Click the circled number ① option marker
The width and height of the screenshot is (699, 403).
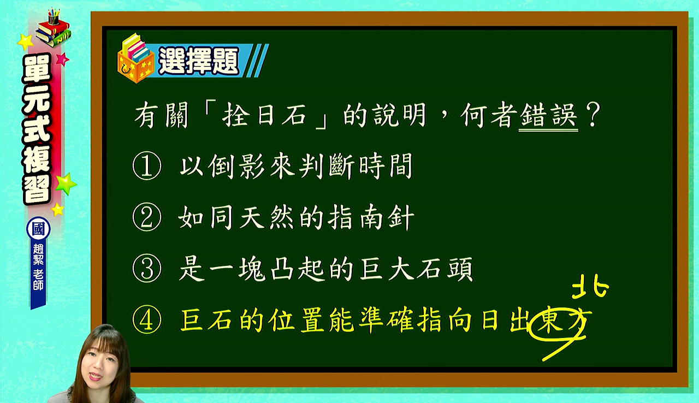point(147,165)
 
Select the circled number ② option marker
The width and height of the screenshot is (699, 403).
point(147,217)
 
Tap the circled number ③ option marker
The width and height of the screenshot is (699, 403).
point(147,269)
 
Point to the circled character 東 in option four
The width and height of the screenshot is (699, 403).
point(550,321)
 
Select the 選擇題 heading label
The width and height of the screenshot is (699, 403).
point(199,61)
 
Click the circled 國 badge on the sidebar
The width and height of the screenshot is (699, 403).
point(38,229)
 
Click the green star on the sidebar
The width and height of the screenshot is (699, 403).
point(65,183)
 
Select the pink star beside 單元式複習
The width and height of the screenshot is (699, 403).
point(62,59)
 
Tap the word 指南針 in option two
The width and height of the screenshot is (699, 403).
point(371,217)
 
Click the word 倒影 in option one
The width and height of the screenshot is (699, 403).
point(237,165)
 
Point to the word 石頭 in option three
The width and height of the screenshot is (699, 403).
point(444,269)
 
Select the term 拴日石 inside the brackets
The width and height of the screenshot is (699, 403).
point(264,115)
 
